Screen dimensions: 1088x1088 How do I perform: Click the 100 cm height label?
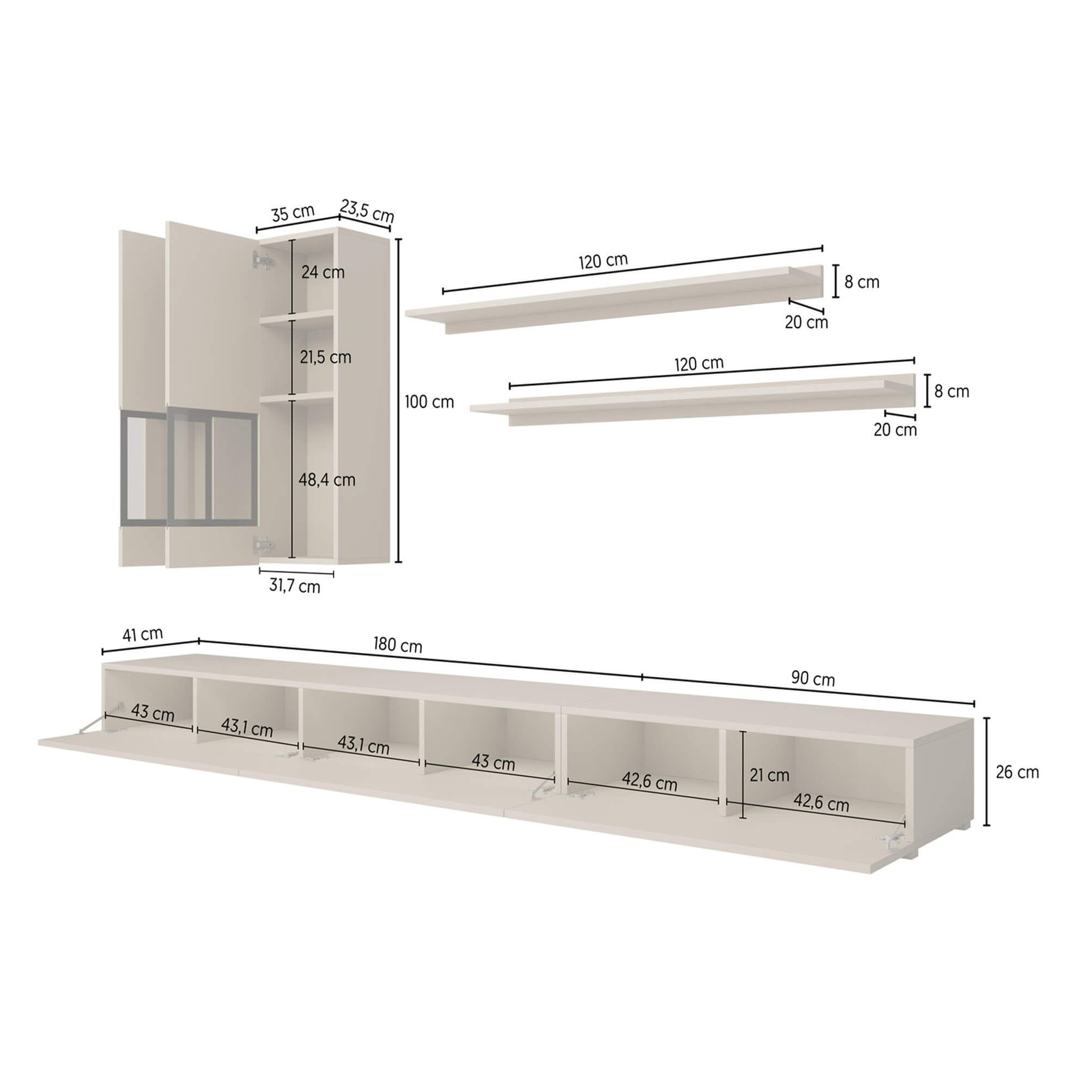pos(429,402)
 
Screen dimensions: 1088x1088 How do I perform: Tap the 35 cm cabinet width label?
pos(293,213)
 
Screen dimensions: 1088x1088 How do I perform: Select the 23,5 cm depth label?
pos(367,211)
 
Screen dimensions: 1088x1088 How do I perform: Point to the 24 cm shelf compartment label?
pos(323,272)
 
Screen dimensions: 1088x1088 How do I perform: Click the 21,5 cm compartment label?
pos(325,357)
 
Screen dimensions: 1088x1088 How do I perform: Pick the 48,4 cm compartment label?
pos(326,480)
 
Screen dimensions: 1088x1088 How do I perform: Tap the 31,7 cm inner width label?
pos(294,586)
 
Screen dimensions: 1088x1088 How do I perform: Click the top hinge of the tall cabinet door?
pos(261,261)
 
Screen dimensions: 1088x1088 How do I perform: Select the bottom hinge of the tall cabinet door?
pos(263,544)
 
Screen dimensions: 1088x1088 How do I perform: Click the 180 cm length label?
pos(398,645)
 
